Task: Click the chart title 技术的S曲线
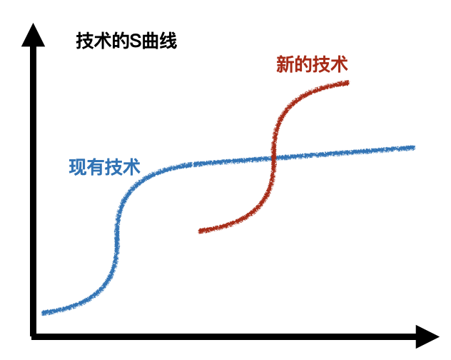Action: tap(126, 41)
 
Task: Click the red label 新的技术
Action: tap(312, 65)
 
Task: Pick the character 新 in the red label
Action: tap(285, 65)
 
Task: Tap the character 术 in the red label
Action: tap(339, 65)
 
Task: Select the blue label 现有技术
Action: tap(103, 167)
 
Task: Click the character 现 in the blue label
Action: tap(77, 167)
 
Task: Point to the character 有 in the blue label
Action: tap(95, 167)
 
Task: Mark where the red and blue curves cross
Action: tap(273, 159)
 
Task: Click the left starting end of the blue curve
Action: tap(44, 312)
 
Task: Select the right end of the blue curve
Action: tap(412, 147)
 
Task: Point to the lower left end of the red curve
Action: tap(201, 231)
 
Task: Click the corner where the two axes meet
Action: tap(33, 334)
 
